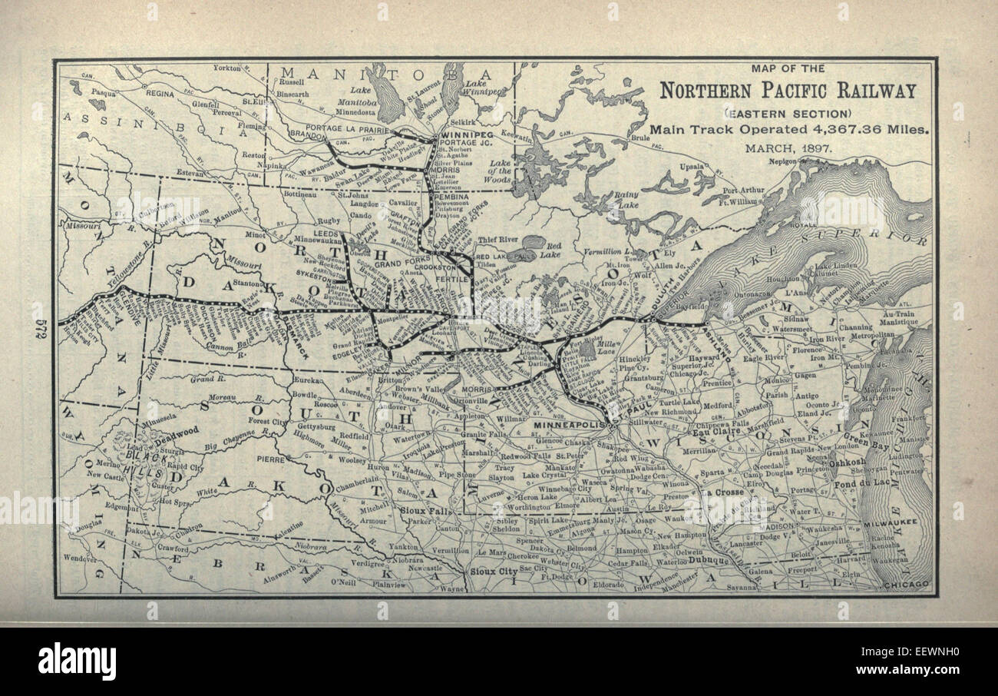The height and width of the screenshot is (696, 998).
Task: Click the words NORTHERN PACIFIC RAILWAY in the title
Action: [x=788, y=91]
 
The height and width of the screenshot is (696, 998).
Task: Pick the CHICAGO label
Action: [x=905, y=585]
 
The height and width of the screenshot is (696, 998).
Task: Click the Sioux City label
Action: [x=493, y=572]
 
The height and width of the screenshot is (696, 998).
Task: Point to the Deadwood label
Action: [x=176, y=431]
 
